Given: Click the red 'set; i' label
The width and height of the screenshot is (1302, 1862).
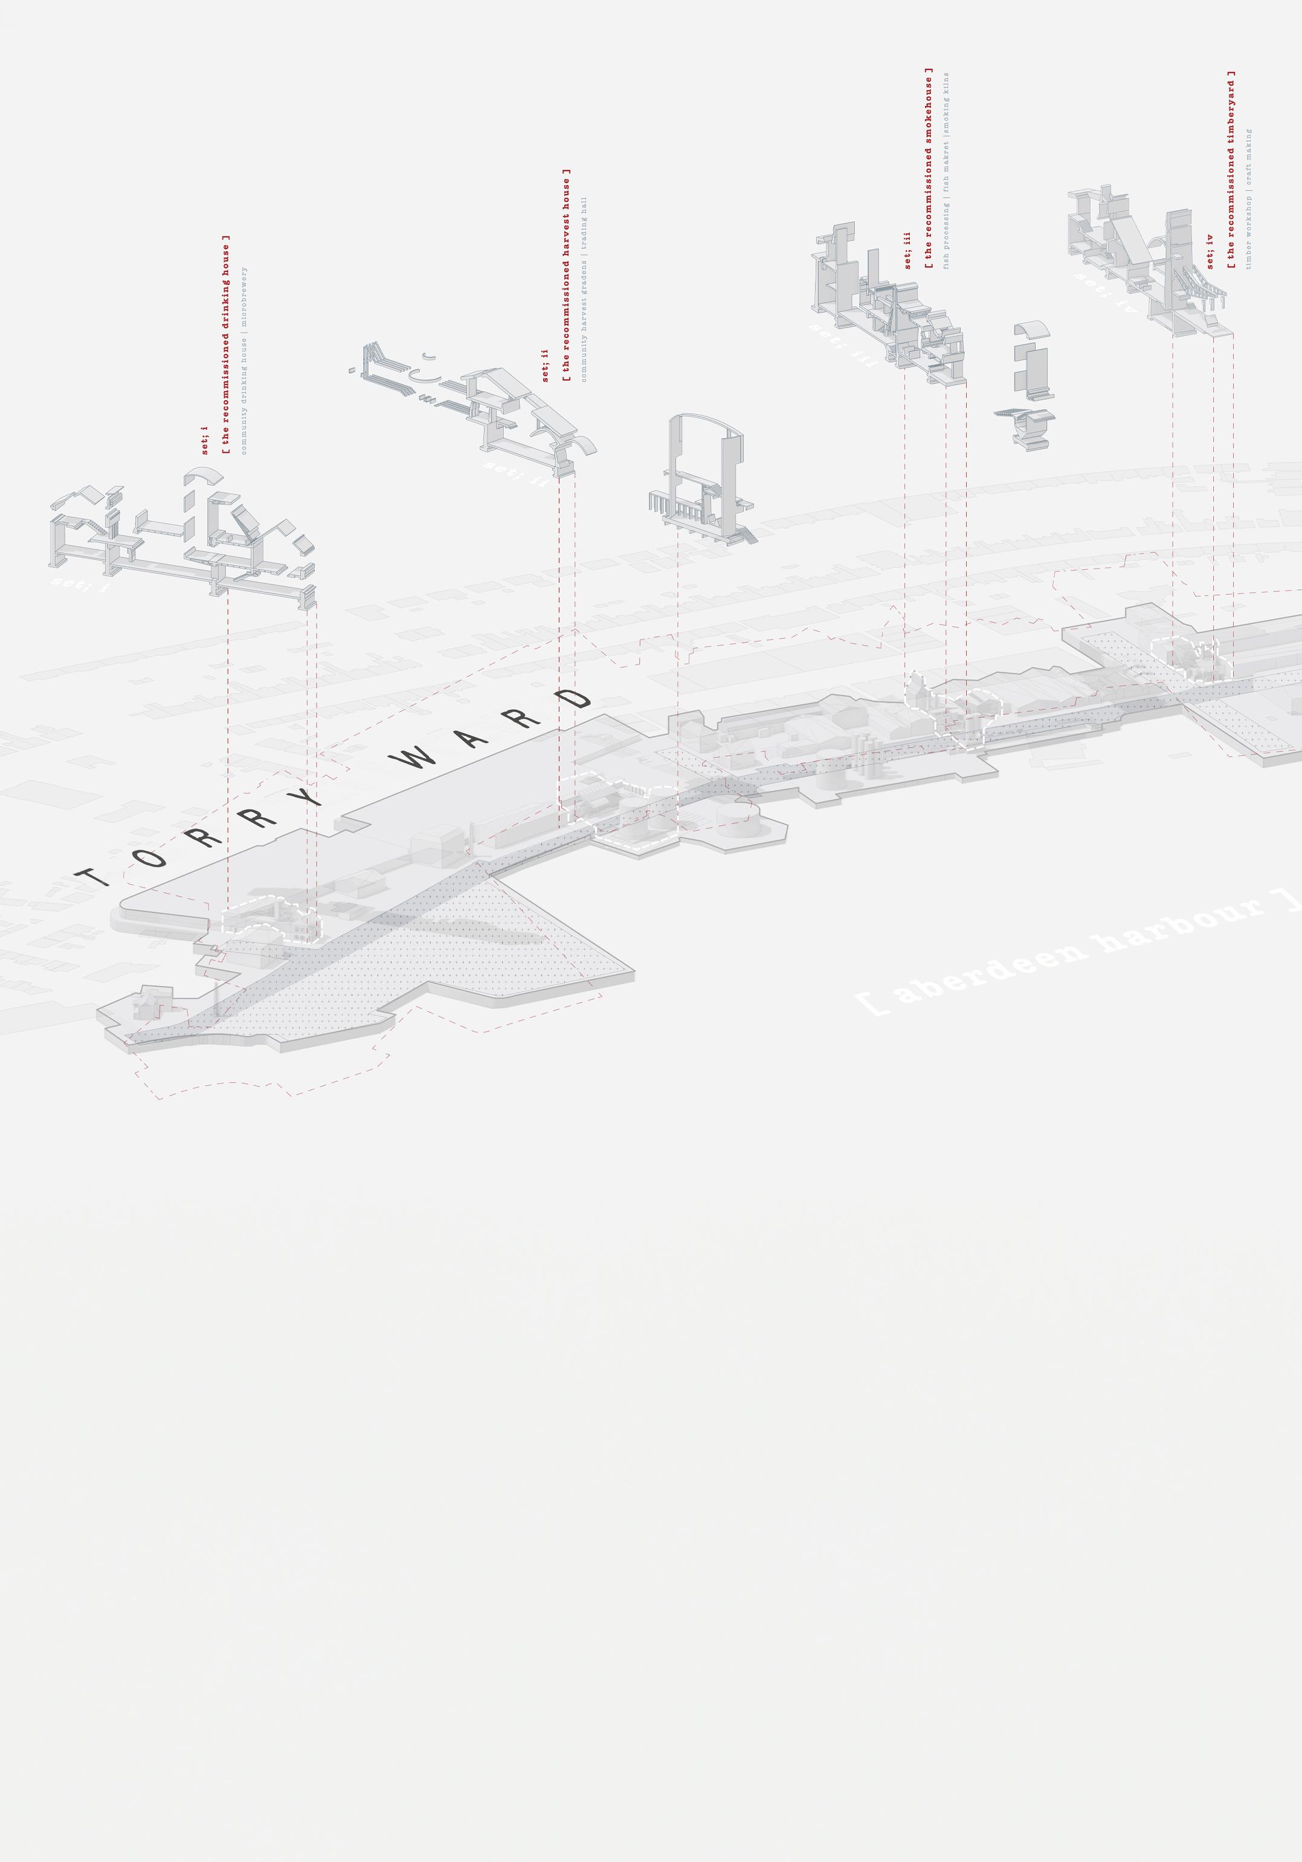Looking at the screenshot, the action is click(x=205, y=440).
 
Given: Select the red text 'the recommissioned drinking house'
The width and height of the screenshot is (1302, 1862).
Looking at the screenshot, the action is click(x=226, y=345).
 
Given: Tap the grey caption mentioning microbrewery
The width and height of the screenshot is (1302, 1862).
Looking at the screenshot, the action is click(x=244, y=360).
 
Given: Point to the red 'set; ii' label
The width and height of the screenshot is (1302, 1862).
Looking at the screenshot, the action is click(x=546, y=366).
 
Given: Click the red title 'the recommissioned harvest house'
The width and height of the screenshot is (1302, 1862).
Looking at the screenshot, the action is click(x=567, y=276).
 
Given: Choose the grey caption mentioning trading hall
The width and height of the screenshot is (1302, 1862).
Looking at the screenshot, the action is click(x=584, y=289).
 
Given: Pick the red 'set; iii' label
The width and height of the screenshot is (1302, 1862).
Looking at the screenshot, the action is click(x=908, y=251).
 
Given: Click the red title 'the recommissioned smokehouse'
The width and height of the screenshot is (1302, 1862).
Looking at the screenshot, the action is click(x=929, y=168).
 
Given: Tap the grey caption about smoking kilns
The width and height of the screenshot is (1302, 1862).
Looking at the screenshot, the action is click(x=946, y=170).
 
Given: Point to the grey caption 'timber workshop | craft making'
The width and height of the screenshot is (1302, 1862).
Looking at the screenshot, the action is click(x=1248, y=199).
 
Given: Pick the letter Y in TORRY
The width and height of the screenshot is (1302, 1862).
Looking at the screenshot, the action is click(x=306, y=795).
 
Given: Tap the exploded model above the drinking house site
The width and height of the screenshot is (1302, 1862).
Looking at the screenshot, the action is click(x=182, y=539).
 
